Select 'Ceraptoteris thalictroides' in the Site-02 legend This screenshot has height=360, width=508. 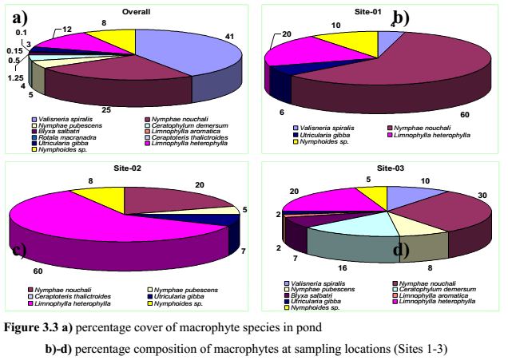pos(71,296)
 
